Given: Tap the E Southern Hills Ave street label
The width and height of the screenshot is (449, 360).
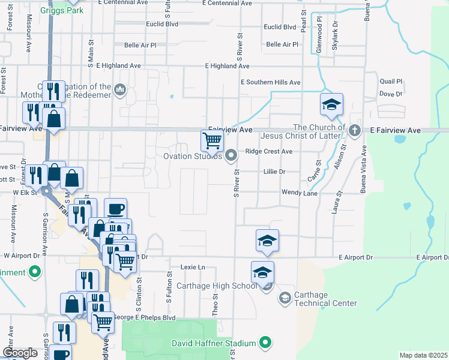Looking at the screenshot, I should (x=270, y=82).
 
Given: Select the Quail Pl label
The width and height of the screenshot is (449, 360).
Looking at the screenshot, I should (x=391, y=82).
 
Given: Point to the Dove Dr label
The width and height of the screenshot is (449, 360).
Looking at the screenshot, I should (x=390, y=94).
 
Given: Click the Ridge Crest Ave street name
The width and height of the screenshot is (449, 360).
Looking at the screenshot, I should (x=269, y=152).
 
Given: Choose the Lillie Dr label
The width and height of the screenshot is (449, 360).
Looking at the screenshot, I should (x=274, y=172).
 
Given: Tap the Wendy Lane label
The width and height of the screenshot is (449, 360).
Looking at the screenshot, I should (x=300, y=193).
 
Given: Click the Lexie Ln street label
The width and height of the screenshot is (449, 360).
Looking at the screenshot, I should (x=193, y=267).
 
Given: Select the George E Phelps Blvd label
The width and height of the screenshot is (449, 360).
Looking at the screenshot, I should (x=144, y=317).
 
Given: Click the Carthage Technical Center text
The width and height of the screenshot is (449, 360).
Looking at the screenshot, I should (x=327, y=299).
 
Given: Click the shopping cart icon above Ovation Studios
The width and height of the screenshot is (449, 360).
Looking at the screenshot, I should (x=212, y=141).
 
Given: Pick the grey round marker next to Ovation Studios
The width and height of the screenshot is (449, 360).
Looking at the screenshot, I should (x=231, y=157).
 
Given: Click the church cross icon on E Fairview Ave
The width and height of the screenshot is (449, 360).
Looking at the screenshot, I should (x=355, y=130).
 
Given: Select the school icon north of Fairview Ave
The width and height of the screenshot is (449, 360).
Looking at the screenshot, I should (x=331, y=105).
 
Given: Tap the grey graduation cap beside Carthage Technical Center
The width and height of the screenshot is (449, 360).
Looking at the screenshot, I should (x=285, y=298).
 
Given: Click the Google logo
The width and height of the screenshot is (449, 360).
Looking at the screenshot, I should (x=20, y=353).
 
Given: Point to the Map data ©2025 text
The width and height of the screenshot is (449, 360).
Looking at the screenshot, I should (x=423, y=355).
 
